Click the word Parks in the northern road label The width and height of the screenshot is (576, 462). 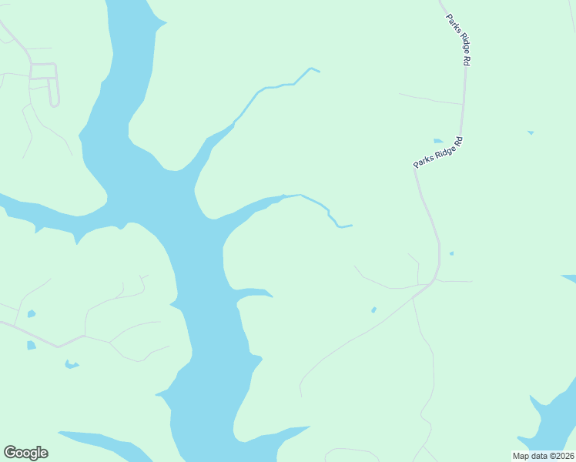451,22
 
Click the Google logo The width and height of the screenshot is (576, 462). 25,453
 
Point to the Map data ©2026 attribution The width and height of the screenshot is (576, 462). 543,456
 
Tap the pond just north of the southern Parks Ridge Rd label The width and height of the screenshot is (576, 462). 438,141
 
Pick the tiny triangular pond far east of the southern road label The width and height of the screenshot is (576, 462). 531,132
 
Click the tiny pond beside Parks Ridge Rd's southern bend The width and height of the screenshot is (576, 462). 451,253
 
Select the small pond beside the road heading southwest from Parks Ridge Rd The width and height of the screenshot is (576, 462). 373,310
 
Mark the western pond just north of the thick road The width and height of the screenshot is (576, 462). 31,313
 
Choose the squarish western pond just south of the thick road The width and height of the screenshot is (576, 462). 31,345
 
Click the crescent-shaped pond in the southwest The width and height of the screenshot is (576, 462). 71,364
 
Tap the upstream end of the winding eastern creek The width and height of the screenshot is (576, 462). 350,226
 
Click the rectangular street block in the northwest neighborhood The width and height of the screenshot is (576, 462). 43,71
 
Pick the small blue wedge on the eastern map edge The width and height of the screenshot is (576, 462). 569,278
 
